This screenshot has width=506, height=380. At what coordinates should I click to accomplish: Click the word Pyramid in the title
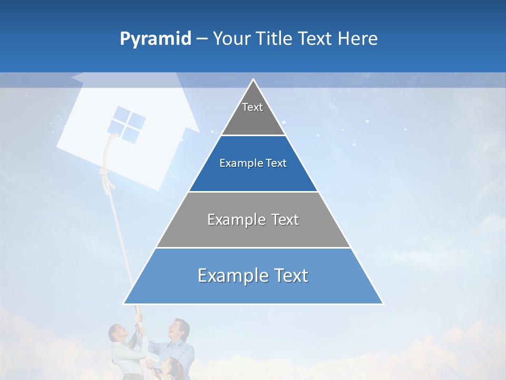pyautogui.click(x=155, y=39)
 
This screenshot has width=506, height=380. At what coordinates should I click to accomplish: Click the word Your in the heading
pyautogui.click(x=231, y=39)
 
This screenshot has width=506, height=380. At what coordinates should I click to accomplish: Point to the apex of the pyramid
pyautogui.click(x=254, y=80)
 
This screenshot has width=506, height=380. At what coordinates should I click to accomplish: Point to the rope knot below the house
pyautogui.click(x=107, y=177)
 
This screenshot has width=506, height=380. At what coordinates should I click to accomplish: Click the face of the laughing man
pyautogui.click(x=180, y=329)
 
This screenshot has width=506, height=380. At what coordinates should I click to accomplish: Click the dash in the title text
pyautogui.click(x=202, y=39)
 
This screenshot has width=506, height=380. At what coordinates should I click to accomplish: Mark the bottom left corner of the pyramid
pyautogui.click(x=124, y=303)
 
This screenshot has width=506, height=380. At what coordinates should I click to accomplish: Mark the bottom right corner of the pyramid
pyautogui.click(x=383, y=303)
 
